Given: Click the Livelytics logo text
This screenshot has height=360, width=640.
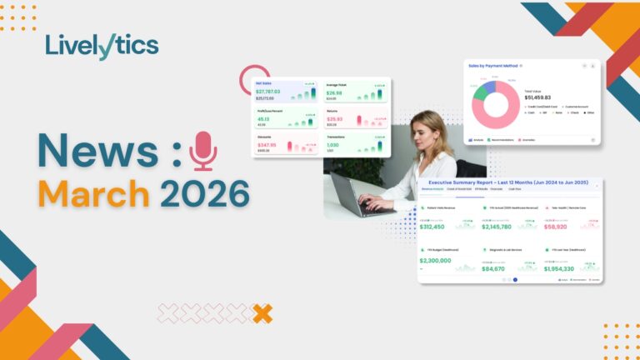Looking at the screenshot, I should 102,47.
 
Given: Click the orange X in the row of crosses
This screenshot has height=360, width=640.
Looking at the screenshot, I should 262,313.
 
